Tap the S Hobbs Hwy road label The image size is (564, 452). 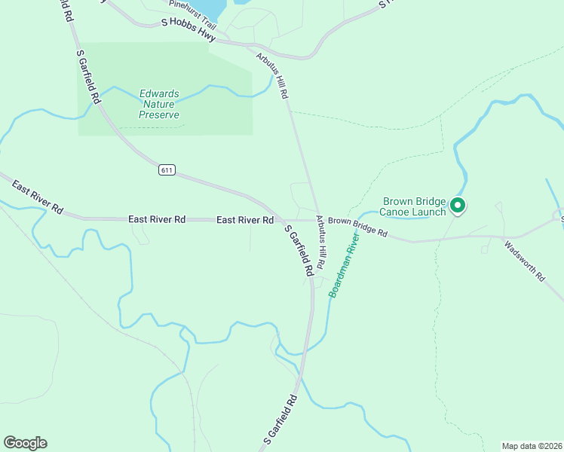click(189, 29)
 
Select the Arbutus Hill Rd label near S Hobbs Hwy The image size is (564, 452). click(272, 77)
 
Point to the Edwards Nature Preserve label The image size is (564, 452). click(159, 105)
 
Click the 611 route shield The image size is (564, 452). click(167, 170)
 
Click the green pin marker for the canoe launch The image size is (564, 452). click(457, 205)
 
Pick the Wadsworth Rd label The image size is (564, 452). click(524, 261)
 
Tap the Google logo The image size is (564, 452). click(25, 443)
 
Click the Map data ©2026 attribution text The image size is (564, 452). click(532, 445)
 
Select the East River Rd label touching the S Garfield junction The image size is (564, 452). click(244, 220)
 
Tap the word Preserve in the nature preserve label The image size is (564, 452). click(159, 115)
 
